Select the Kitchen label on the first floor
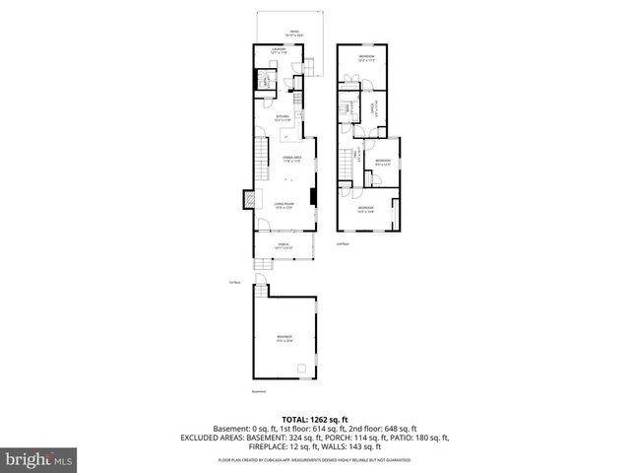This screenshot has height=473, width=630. coord(283,117)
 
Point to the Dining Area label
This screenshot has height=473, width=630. coord(291,159)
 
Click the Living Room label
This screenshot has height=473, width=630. coord(284,205)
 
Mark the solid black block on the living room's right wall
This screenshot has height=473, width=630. coord(313,196)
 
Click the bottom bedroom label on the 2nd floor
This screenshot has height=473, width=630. coord(365,208)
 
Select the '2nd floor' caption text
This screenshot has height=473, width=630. coord(343,242)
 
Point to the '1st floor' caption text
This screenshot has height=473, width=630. coord(234,282)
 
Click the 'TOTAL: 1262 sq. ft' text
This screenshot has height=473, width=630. coord(314,418)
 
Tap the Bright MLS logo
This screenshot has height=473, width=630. coord(39,459)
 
